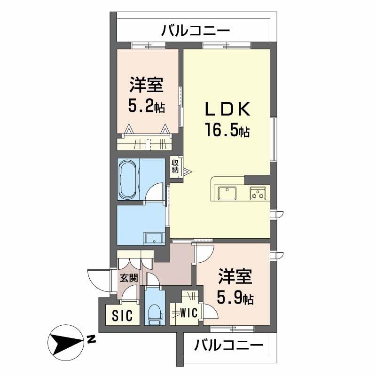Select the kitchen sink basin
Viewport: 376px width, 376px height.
pyautogui.click(x=227, y=193)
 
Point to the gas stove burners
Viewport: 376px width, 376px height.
pyautogui.click(x=258, y=193)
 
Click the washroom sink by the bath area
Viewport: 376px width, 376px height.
pyautogui.click(x=154, y=238)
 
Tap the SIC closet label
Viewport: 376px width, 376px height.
pyautogui.click(x=122, y=315)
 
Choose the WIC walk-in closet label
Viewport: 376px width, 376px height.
pyautogui.click(x=189, y=313)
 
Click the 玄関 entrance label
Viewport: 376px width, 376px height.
pyautogui.click(x=129, y=278)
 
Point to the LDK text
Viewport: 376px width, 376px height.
pyautogui.click(x=227, y=110)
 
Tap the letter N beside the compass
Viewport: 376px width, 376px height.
pyautogui.click(x=91, y=339)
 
